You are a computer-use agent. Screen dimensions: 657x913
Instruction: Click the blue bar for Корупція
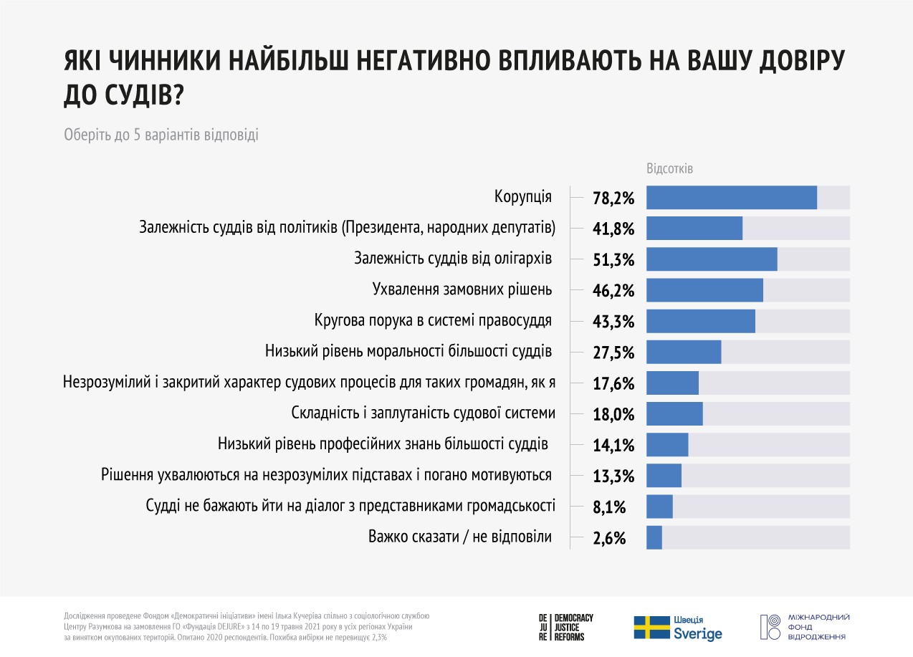tap(732, 198)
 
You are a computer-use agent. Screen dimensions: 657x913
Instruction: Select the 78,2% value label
tap(613, 198)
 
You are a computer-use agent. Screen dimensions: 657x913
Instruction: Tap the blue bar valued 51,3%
tap(712, 259)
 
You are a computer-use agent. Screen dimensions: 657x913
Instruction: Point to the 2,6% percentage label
tap(609, 537)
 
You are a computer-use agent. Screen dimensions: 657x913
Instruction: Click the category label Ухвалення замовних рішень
tap(462, 289)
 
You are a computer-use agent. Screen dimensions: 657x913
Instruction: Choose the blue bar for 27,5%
tap(684, 353)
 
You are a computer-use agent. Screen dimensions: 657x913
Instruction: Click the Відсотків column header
tap(670, 169)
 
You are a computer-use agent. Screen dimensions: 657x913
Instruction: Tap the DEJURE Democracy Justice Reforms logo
tap(566, 627)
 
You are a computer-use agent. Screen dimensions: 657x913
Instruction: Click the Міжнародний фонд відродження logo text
tap(818, 627)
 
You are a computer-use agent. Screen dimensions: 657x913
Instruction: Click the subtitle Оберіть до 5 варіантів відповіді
tap(161, 135)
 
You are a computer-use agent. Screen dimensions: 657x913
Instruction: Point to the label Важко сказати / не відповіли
tap(460, 536)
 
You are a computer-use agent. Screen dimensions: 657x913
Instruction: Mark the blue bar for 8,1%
tap(659, 507)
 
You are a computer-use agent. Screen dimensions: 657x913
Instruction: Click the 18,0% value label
tap(613, 414)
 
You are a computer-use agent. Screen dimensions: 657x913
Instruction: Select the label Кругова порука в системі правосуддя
tap(433, 320)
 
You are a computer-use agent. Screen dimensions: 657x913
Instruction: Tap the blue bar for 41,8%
tap(694, 229)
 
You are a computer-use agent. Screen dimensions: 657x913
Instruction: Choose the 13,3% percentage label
tap(613, 476)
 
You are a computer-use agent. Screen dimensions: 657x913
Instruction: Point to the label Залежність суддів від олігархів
tap(453, 259)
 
